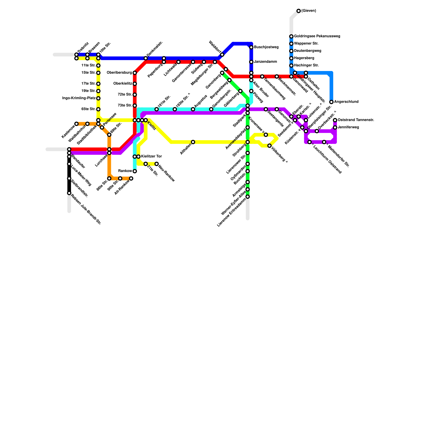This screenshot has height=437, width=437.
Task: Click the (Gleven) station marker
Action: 299,11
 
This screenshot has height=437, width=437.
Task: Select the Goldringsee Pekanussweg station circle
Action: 291,36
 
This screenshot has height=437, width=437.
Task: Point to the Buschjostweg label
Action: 266,47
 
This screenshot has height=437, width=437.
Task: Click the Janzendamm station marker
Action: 251,62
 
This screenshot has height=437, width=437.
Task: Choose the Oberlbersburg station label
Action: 119,73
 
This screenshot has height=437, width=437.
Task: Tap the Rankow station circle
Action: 135,171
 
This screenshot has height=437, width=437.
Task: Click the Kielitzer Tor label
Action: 151,157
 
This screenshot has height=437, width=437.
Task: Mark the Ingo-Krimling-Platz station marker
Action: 98,98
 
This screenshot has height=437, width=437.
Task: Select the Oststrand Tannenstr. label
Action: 356,120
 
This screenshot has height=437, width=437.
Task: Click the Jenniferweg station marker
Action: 335,128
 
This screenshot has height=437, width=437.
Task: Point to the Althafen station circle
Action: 193,142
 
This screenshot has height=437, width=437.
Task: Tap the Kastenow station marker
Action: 76,124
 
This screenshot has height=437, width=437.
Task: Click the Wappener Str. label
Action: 306,43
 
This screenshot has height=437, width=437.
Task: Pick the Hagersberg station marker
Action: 291,58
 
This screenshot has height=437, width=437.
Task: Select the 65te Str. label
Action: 88,109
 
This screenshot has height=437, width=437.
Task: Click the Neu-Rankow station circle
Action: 157,164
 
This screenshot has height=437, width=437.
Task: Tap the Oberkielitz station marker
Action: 135,84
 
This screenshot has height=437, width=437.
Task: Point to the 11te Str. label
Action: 88,66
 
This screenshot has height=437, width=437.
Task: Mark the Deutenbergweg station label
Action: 308,51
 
